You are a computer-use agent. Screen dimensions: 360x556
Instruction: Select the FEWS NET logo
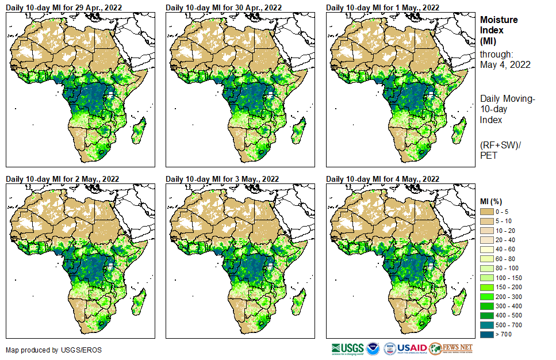[451, 348]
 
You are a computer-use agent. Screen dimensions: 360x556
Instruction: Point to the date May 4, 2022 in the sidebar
[505, 65]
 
